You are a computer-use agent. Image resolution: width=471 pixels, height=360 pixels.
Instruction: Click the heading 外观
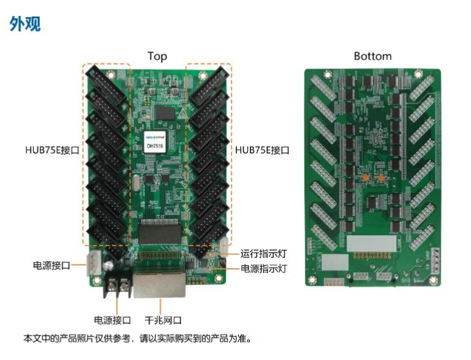tap(25, 24)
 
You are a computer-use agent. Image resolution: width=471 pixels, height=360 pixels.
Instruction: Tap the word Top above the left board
tap(157, 57)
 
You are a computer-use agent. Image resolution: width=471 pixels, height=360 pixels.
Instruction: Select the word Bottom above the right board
tap(372, 57)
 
